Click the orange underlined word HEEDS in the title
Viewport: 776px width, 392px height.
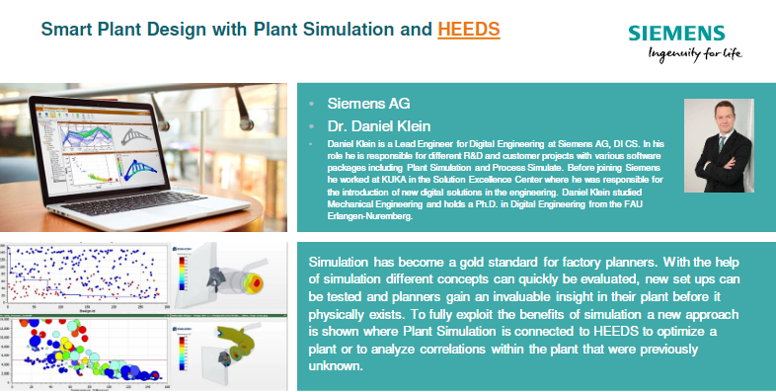(x=469, y=29)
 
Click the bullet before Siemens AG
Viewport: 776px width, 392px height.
(x=312, y=104)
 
